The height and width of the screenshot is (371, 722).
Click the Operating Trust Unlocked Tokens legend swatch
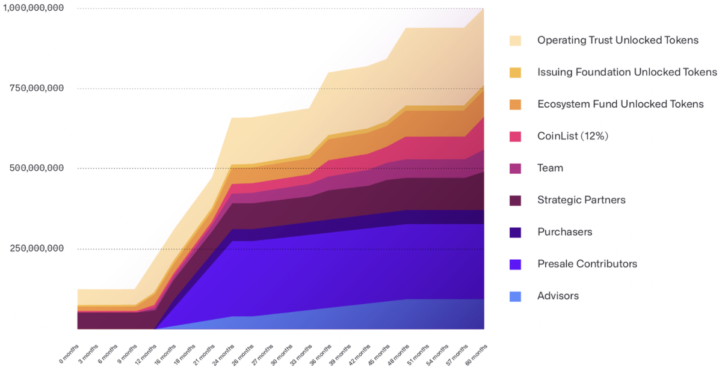pyautogui.click(x=516, y=40)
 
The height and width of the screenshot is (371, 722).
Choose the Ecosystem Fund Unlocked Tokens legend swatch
pyautogui.click(x=516, y=104)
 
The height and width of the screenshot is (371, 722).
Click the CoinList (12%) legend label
pyautogui.click(x=573, y=136)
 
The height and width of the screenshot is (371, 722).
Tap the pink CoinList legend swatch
pyautogui.click(x=516, y=136)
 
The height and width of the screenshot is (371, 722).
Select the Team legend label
pyautogui.click(x=550, y=168)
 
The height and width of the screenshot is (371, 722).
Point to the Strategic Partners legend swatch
pyautogui.click(x=516, y=200)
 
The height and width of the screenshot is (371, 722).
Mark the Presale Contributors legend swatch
pyautogui.click(x=516, y=263)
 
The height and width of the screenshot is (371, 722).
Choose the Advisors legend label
pyautogui.click(x=558, y=296)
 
